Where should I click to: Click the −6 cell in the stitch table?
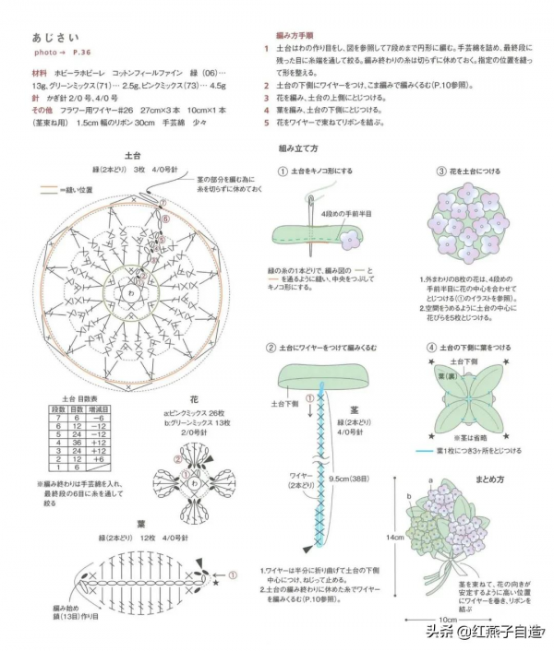[x=102, y=417]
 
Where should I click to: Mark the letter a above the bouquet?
[x=430, y=482]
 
